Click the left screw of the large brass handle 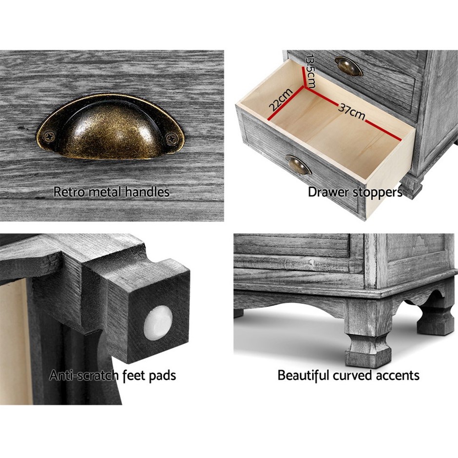point(49,136)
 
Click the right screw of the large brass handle point(172,138)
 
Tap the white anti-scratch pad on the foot point(158,323)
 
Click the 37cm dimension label point(352,111)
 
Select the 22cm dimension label point(281,99)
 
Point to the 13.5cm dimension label point(309,71)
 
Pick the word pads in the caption point(162,376)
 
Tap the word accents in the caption point(398,376)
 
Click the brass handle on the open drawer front point(298,165)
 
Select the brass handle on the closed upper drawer point(349,66)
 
